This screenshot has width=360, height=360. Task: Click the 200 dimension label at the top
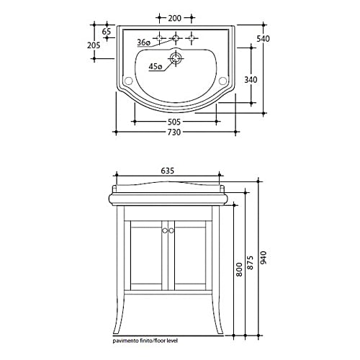(x=175, y=18)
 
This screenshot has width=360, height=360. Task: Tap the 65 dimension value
(x=107, y=32)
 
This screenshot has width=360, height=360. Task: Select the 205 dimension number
(x=94, y=45)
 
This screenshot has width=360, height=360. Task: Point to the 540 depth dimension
(x=263, y=38)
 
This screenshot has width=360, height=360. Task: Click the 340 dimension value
(x=251, y=79)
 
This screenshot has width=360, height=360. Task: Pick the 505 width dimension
(x=174, y=122)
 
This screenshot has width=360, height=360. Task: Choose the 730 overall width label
(x=174, y=132)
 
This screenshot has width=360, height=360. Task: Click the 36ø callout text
(x=143, y=42)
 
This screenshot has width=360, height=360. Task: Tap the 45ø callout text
(x=156, y=66)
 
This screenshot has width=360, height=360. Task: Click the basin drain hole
(x=176, y=58)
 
